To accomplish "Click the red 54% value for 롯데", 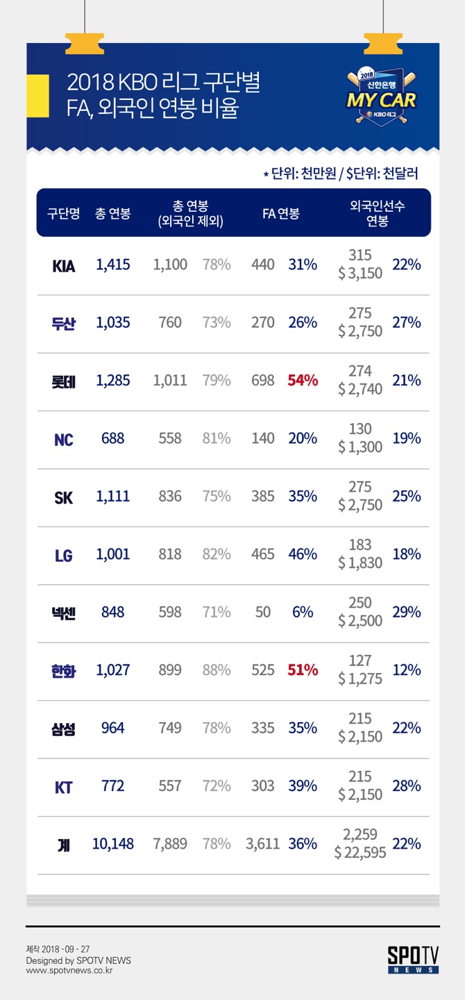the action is point(303,381).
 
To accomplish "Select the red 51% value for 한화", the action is point(303,669).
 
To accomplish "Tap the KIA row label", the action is point(63,266).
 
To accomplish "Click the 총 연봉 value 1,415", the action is point(113,265).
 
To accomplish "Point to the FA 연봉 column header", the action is point(280,213).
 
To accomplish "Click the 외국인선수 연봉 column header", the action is point(377,213).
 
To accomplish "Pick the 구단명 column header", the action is point(63,213).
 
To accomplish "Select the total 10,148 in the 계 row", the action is point(113,844).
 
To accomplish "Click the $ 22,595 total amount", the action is point(360,853).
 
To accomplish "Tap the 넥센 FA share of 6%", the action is point(303,612).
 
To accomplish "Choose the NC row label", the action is point(63,440).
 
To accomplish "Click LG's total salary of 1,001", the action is point(113,554).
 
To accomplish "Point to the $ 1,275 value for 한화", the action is point(360,678).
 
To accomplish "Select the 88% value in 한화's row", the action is point(217,669).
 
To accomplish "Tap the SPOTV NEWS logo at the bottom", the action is point(413,960).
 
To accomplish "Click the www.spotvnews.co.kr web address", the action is point(69,971).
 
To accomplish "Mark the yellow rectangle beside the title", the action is point(38,96).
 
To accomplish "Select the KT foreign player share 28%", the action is point(407,785).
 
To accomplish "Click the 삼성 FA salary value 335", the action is point(262,728).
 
